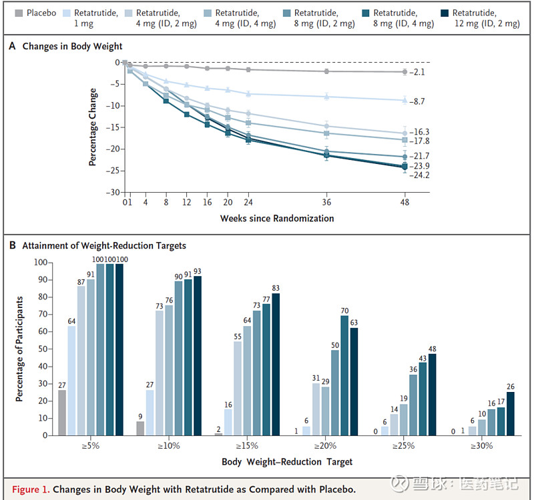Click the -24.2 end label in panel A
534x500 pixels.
click(419, 175)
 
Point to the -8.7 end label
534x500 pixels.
click(419, 101)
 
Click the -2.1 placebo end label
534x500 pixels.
click(419, 72)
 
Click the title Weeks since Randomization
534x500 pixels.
click(276, 218)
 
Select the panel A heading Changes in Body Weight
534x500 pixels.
click(72, 47)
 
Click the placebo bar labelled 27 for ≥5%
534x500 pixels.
click(62, 413)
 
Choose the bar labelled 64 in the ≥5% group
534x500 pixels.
click(71, 381)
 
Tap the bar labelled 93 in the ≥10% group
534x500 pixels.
click(198, 355)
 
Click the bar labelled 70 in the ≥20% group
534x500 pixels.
click(345, 375)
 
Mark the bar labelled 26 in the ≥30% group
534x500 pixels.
click(511, 413)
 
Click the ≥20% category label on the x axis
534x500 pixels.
click(325, 445)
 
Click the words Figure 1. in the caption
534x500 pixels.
click(30, 489)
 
